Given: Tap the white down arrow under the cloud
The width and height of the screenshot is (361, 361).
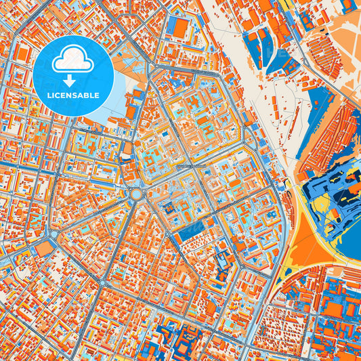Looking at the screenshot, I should [x=72, y=79].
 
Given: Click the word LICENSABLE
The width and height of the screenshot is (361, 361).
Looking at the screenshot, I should [x=72, y=95].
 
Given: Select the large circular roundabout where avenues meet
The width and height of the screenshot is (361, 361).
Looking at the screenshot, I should [x=136, y=194].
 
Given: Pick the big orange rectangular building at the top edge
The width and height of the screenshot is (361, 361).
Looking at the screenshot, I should [x=181, y=27].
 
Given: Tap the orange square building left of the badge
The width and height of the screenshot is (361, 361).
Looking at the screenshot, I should [x=23, y=54].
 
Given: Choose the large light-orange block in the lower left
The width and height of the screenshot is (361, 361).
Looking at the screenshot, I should [x=43, y=249].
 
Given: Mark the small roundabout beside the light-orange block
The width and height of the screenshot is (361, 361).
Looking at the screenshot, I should [x=54, y=235].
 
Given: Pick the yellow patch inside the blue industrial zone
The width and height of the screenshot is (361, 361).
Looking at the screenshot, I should [x=321, y=191].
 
